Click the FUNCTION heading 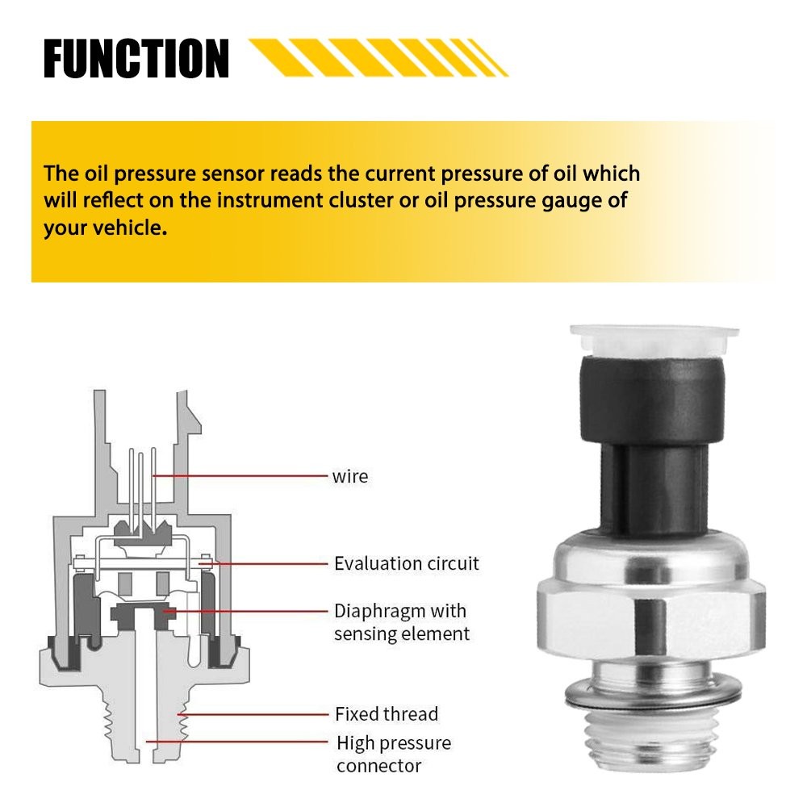coord(136,58)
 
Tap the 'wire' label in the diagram coord(350,477)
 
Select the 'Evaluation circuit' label coord(406,563)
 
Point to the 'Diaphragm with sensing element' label coord(401,622)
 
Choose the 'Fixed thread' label coord(387,714)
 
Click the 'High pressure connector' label coord(394,754)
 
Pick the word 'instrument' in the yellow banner coord(270,200)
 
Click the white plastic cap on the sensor coord(654,340)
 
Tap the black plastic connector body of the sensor coord(653,442)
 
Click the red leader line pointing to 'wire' coord(240,476)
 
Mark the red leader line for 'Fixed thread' coord(253,714)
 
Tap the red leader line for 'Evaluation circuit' coord(264,563)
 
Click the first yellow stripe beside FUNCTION coord(281,57)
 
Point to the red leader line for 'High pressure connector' coord(236,742)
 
